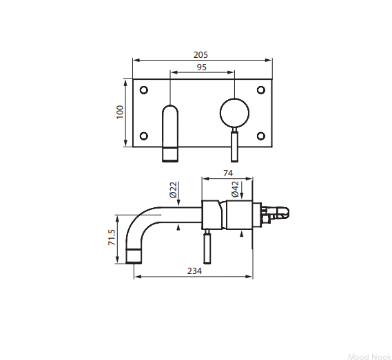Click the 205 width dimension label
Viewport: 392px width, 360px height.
tap(200, 54)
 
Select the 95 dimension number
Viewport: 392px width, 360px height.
tap(202, 67)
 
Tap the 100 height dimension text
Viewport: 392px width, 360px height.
tap(120, 112)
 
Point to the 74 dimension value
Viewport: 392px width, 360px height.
tap(228, 173)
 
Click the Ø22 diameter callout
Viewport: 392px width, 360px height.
tap(173, 189)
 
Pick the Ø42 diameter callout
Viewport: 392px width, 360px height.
tap(235, 189)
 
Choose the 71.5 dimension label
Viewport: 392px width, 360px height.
tap(112, 237)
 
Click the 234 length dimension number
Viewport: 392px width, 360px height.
tap(194, 271)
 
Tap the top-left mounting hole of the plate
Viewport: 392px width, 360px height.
tap(144, 90)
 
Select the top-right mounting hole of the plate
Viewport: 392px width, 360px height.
tap(261, 90)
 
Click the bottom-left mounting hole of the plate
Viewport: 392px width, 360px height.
tap(144, 136)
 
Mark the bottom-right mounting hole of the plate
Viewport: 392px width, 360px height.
tap(261, 136)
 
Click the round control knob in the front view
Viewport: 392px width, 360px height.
tap(234, 113)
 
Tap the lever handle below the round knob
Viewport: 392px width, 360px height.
tap(234, 147)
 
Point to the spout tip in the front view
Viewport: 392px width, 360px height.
tap(170, 154)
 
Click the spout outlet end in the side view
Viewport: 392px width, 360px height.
tap(134, 256)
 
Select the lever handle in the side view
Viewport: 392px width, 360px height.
tap(207, 248)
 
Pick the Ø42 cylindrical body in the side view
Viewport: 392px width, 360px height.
tap(239, 215)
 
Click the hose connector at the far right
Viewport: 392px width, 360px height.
tap(275, 213)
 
